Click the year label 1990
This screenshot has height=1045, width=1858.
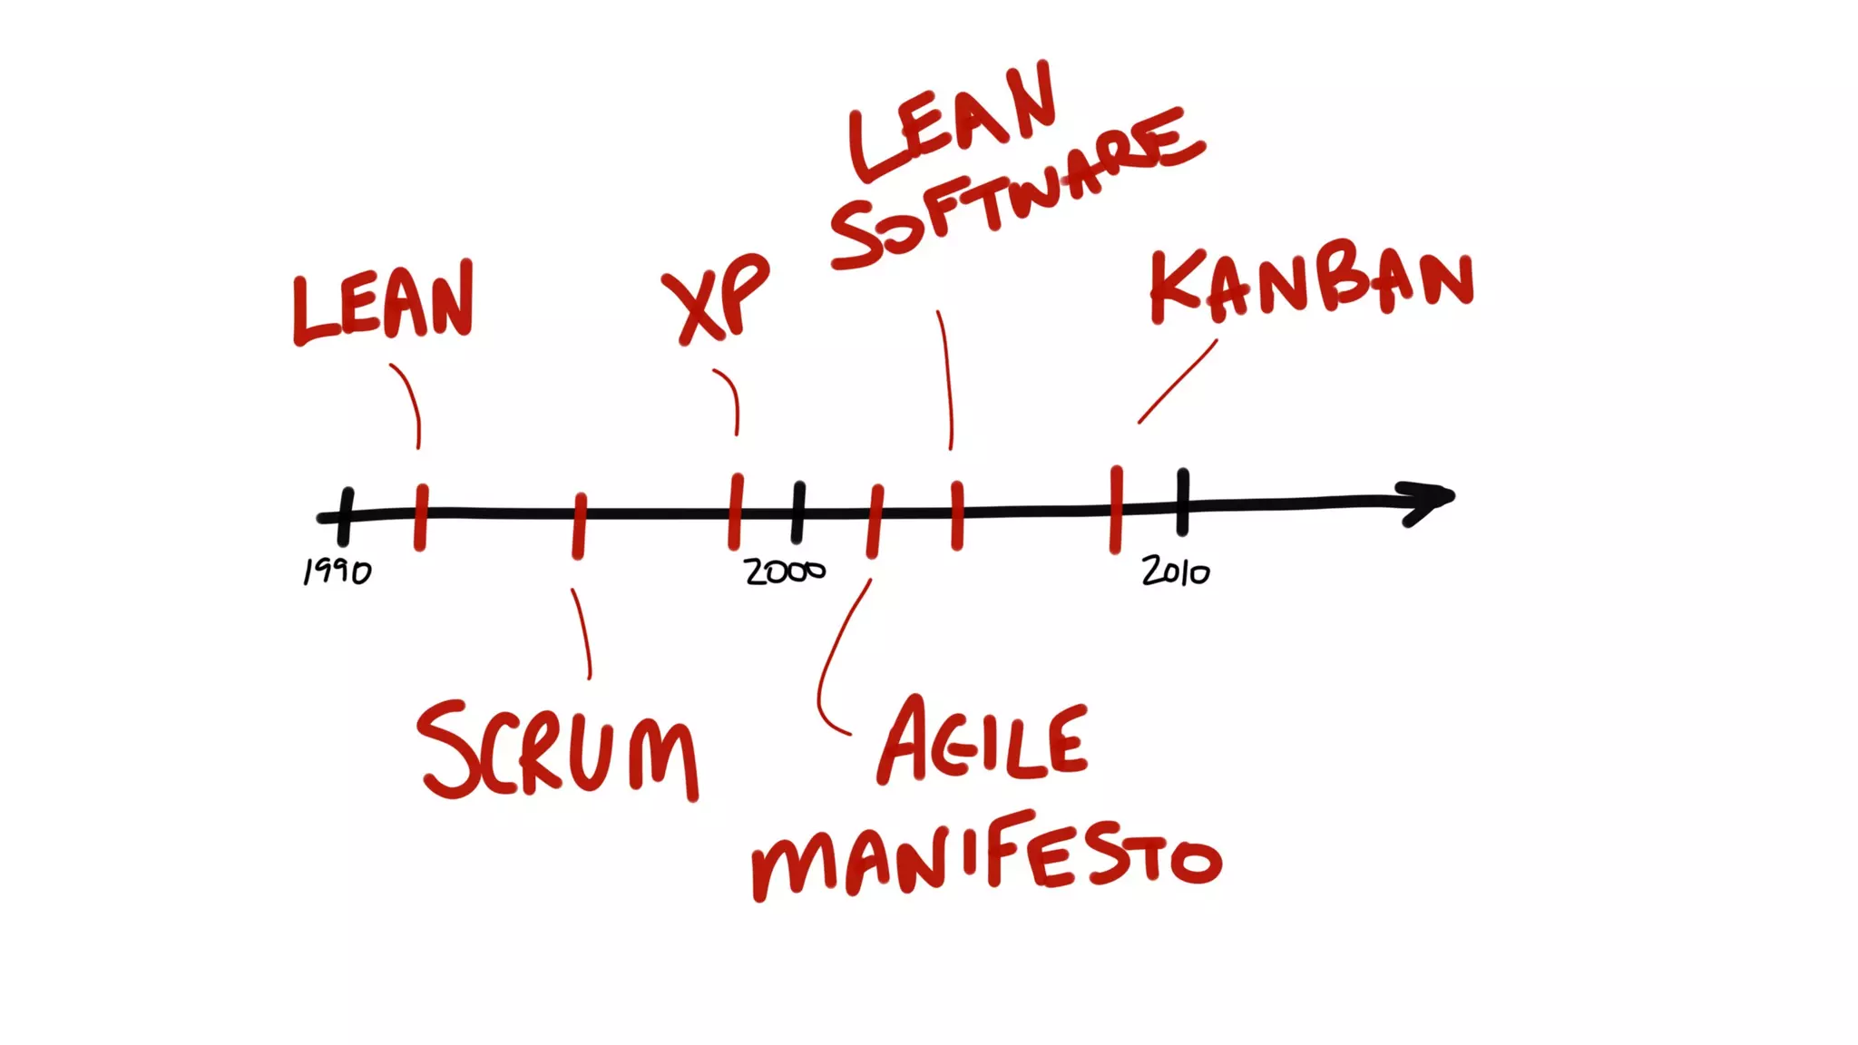tap(337, 571)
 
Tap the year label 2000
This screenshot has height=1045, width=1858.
tap(785, 571)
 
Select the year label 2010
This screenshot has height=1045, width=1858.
tap(1176, 571)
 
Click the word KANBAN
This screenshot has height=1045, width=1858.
tap(1312, 281)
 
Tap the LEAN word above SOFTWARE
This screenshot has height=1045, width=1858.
tap(953, 122)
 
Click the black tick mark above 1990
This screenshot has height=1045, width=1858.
tap(345, 515)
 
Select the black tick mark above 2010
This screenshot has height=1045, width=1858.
tap(1183, 502)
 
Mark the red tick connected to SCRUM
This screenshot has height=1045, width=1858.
tap(579, 525)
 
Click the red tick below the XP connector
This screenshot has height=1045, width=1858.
tap(736, 512)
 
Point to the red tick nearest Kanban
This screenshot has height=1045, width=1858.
tap(1116, 509)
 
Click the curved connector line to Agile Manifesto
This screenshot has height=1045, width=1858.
tap(830, 662)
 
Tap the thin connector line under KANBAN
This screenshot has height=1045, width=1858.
tap(1178, 382)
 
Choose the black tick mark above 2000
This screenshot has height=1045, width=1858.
tap(798, 513)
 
